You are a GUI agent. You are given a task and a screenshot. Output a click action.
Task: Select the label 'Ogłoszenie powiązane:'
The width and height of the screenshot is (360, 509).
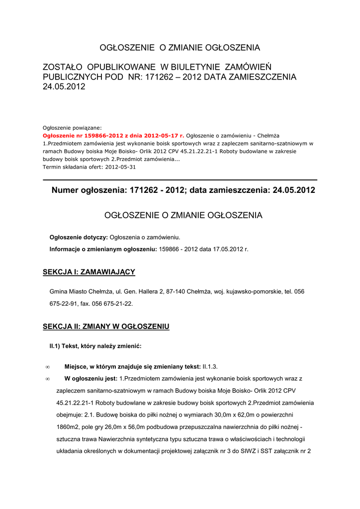click(x=72, y=127)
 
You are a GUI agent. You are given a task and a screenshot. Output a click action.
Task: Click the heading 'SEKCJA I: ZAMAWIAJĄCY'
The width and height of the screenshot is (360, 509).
click(x=89, y=272)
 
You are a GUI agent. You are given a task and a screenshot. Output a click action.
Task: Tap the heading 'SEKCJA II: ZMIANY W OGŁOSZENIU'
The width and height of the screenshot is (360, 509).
click(x=106, y=327)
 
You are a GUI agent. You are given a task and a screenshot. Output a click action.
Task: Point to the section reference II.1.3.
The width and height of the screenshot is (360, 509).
click(x=210, y=367)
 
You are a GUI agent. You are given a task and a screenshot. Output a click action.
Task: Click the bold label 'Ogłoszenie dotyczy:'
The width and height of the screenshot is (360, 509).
click(x=79, y=237)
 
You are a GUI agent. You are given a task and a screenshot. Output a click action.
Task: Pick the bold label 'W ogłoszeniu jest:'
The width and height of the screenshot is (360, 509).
click(x=91, y=379)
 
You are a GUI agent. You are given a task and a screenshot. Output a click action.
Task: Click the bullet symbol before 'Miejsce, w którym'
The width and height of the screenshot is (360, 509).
click(x=47, y=367)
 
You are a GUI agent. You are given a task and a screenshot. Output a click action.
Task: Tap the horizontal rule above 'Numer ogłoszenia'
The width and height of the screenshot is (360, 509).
click(x=180, y=179)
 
